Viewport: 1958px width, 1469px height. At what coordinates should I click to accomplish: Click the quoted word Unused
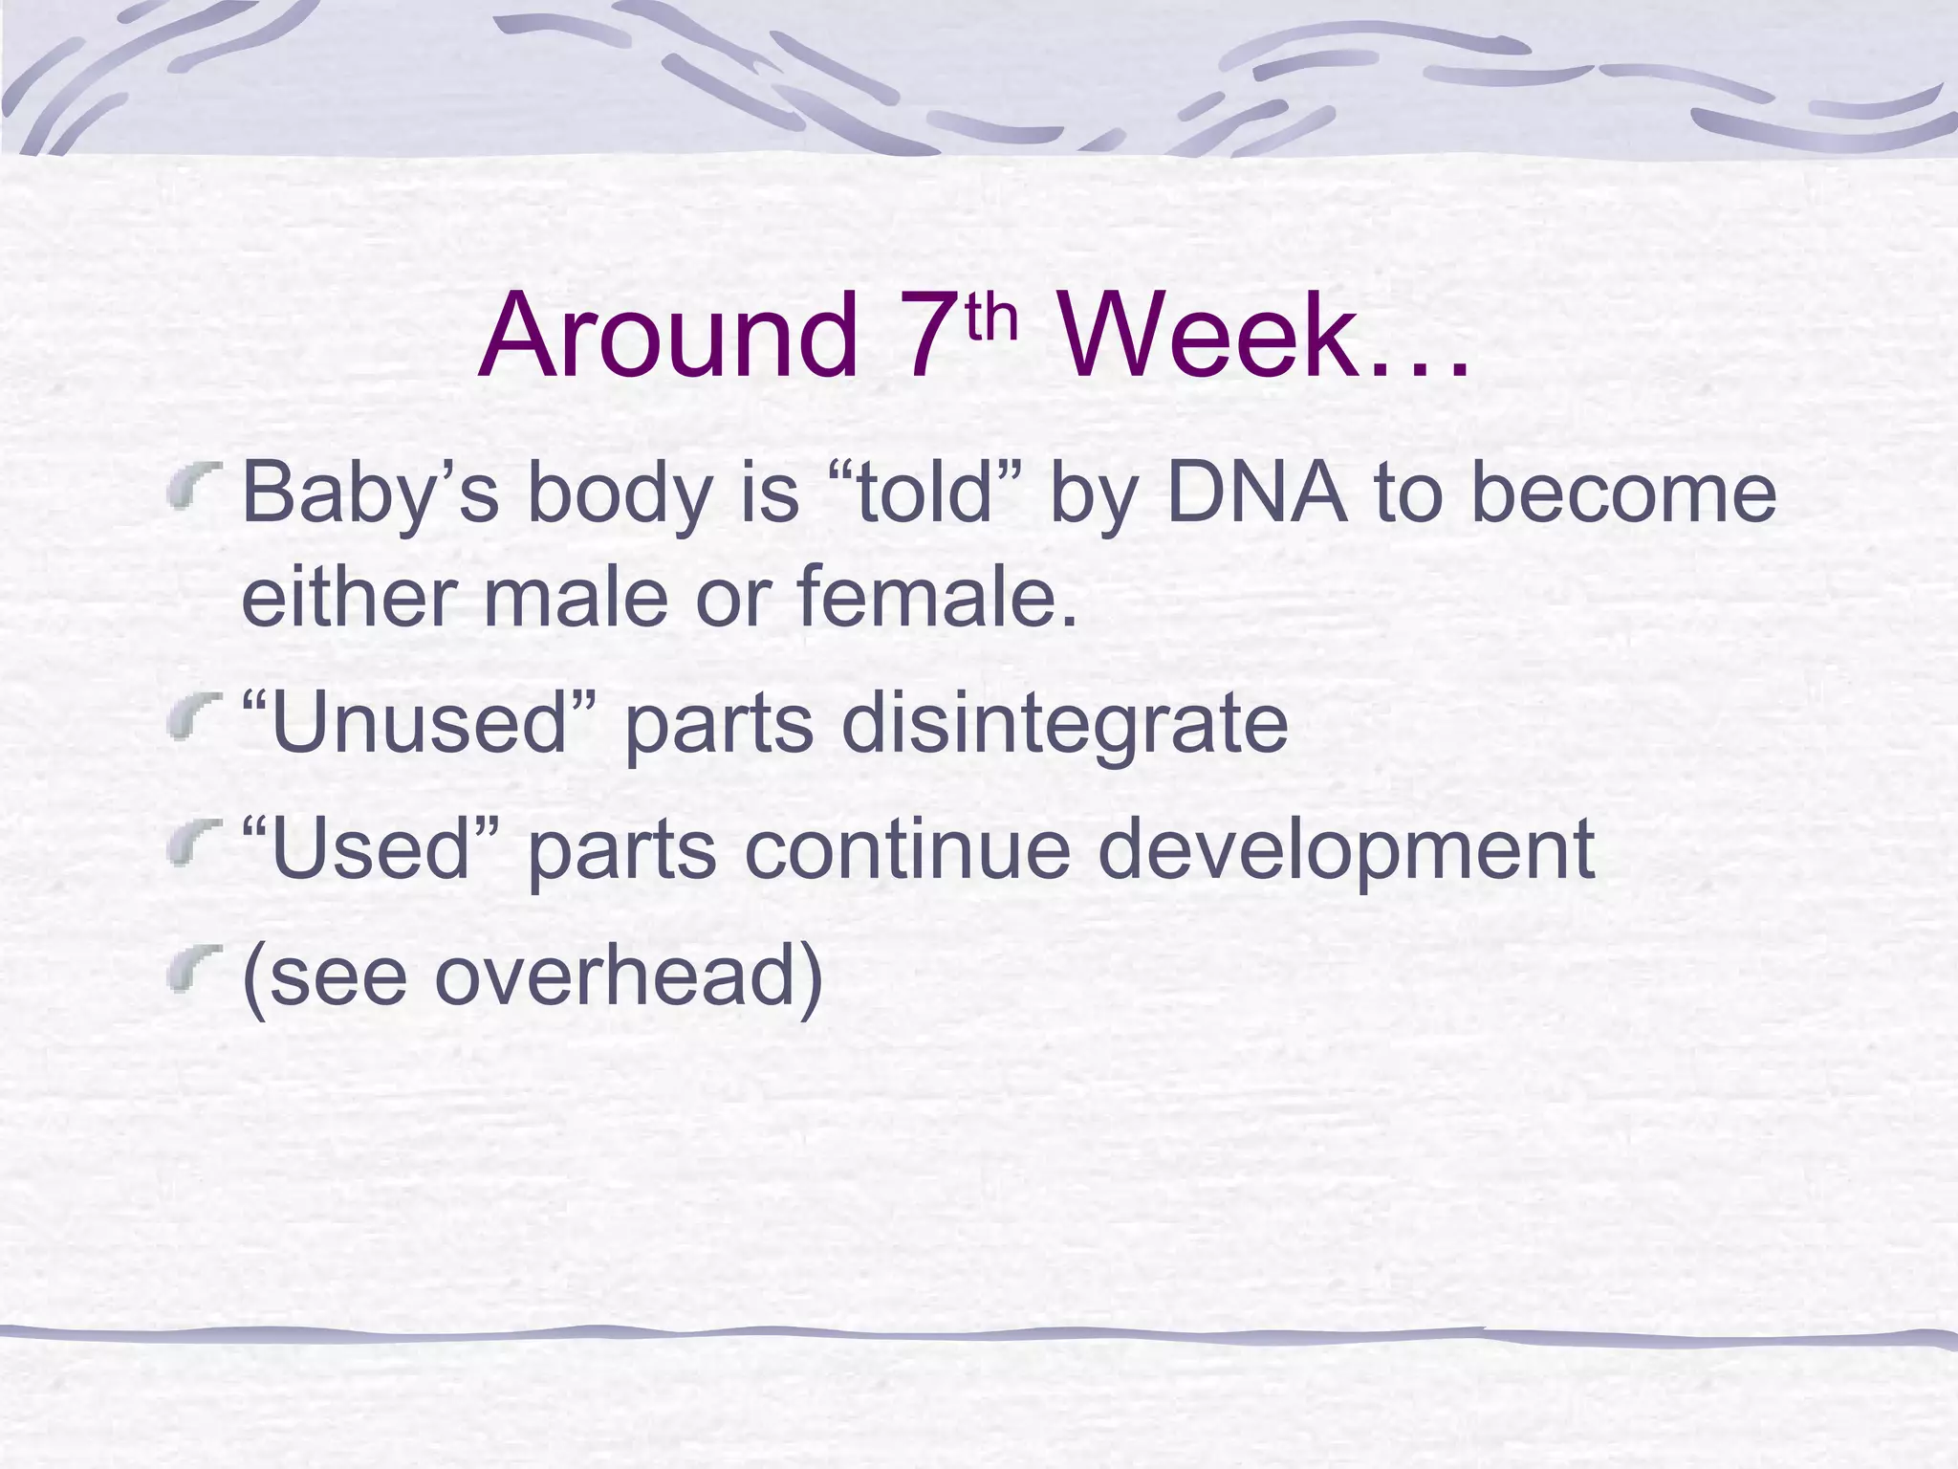click(421, 723)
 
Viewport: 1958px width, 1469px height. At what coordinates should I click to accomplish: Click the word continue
click(908, 849)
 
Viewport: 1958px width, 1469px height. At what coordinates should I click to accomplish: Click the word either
click(350, 597)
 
